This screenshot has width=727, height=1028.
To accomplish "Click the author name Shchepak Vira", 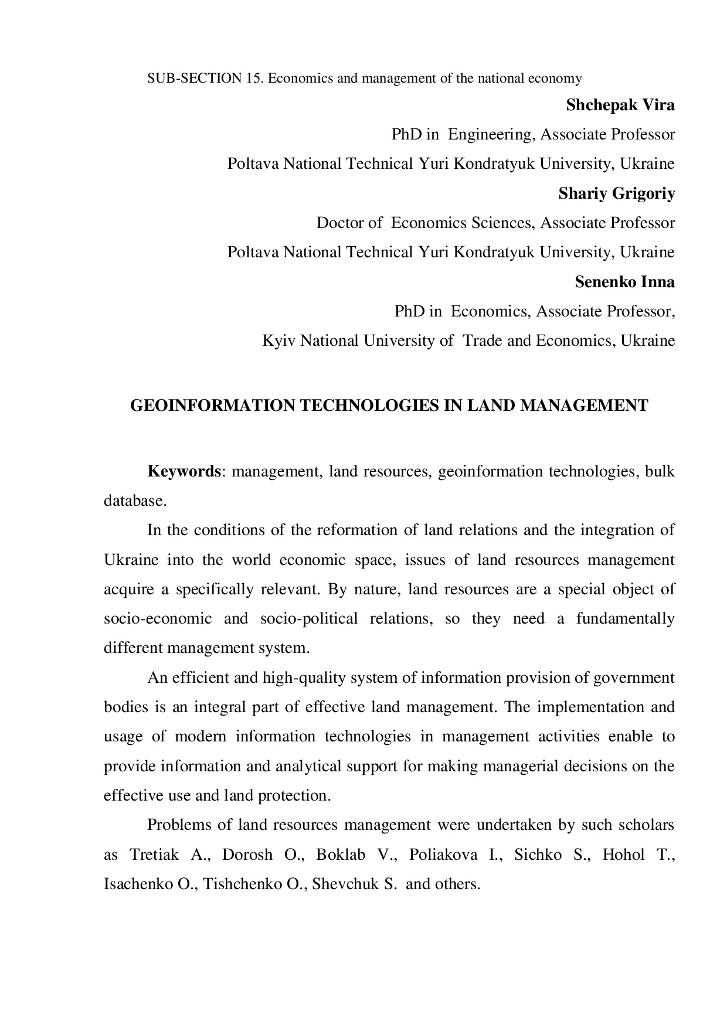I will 620,105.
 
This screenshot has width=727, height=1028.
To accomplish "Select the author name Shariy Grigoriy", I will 616,194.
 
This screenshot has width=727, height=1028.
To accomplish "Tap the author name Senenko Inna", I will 624,282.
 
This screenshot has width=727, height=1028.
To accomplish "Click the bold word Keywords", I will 184,471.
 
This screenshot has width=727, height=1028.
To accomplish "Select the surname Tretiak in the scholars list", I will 154,855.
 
